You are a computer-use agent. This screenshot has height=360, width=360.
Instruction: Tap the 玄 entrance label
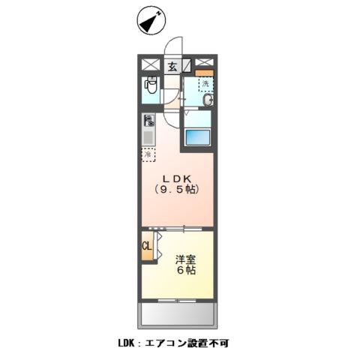point(172,65)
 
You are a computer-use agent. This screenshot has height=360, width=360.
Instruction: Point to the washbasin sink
point(208,100)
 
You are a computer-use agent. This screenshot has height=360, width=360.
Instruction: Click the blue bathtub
point(198,137)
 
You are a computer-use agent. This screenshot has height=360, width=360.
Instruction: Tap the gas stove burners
point(149,119)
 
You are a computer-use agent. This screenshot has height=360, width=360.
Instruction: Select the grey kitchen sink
point(148,136)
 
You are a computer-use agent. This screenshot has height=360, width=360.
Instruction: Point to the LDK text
point(181,178)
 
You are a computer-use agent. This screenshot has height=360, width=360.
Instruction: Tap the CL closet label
point(147,246)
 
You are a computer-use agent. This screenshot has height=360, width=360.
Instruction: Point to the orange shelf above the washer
point(205,73)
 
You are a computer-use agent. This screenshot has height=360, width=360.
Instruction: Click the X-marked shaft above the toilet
point(148,65)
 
